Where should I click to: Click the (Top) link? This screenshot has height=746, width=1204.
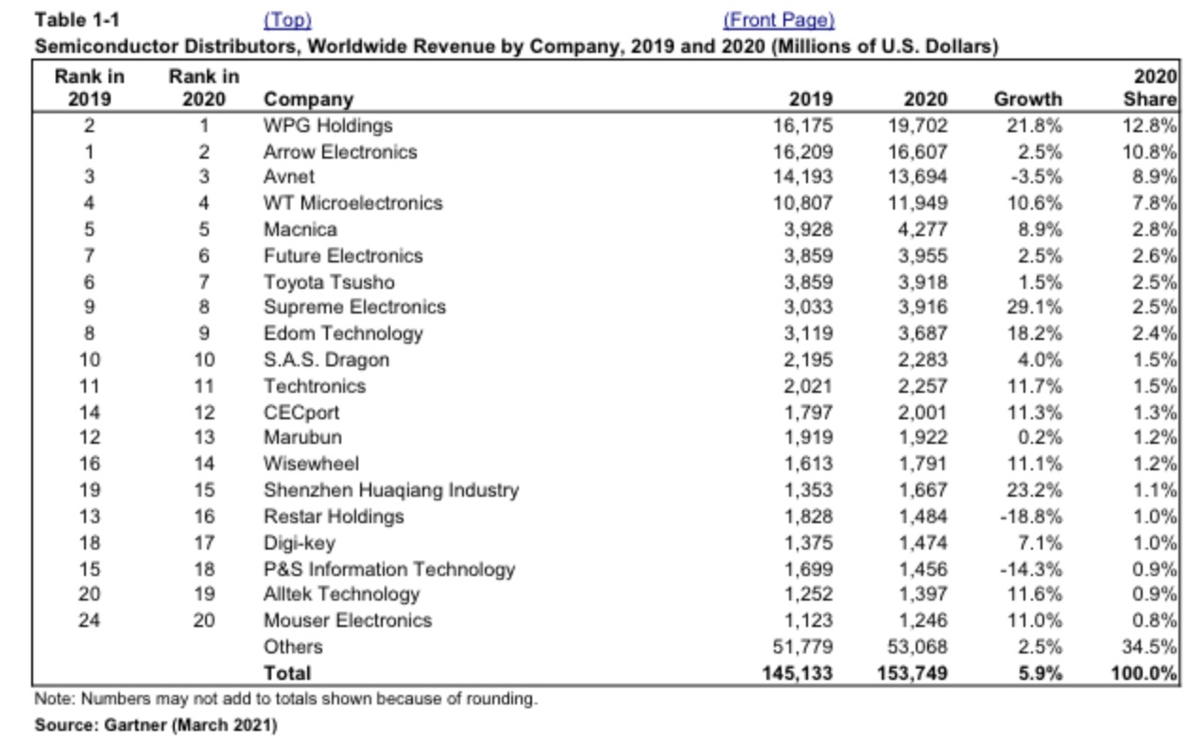pyautogui.click(x=287, y=21)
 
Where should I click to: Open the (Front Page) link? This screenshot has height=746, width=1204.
pyautogui.click(x=779, y=21)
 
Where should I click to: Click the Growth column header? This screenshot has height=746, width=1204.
pyautogui.click(x=1027, y=99)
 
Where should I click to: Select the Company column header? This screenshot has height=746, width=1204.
pyautogui.click(x=308, y=99)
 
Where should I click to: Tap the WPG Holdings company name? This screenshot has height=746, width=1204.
pyautogui.click(x=328, y=126)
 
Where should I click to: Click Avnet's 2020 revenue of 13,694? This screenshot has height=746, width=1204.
pyautogui.click(x=917, y=177)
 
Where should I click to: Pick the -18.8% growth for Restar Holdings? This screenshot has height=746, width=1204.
pyautogui.click(x=1030, y=517)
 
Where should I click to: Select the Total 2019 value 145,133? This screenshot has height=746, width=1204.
pyautogui.click(x=797, y=673)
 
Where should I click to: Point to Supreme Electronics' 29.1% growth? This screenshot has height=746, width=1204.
pyautogui.click(x=1034, y=307)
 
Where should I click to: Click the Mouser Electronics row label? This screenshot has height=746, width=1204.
pyautogui.click(x=348, y=620)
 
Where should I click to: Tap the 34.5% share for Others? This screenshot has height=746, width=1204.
pyautogui.click(x=1148, y=647)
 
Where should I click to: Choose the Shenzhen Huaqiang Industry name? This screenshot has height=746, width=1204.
pyautogui.click(x=391, y=490)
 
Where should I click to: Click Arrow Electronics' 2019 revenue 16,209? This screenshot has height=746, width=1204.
pyautogui.click(x=803, y=153)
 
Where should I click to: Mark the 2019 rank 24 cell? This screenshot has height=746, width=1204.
pyautogui.click(x=89, y=620)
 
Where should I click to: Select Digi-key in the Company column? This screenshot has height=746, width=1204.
pyautogui.click(x=300, y=544)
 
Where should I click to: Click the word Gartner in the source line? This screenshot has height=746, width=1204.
pyautogui.click(x=135, y=725)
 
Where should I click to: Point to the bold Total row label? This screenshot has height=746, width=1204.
pyautogui.click(x=287, y=673)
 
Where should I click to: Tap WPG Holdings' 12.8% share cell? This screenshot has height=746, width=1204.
pyautogui.click(x=1149, y=126)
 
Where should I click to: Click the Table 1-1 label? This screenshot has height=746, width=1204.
pyautogui.click(x=77, y=21)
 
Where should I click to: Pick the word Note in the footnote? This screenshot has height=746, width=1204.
pyautogui.click(x=54, y=700)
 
